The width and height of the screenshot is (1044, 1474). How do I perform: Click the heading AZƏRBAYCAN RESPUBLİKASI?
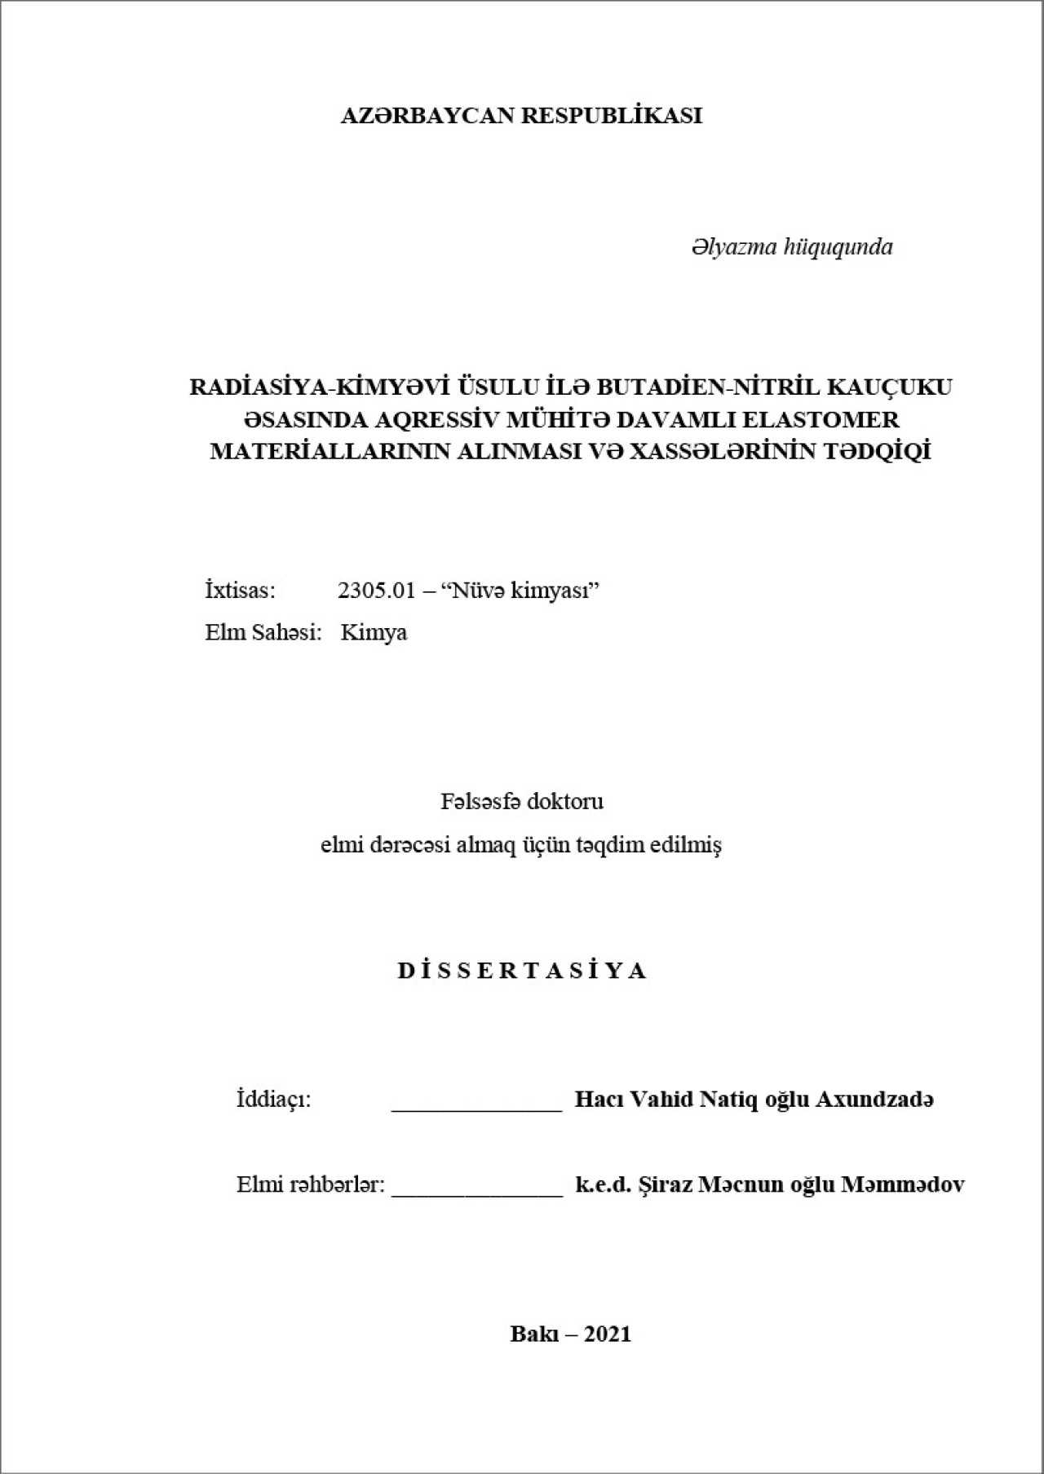pos(521,116)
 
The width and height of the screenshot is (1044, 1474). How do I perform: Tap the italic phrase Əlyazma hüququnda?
pos(791,247)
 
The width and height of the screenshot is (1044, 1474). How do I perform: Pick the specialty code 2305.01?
pos(377,591)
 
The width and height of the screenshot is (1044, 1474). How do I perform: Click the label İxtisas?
pos(240,591)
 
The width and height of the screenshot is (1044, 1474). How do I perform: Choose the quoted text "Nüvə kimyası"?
pos(520,591)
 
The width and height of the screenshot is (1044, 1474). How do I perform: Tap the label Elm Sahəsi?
pos(261,632)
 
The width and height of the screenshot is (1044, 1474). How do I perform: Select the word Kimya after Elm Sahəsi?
pos(374,633)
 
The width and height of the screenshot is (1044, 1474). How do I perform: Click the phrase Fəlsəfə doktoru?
pos(522,802)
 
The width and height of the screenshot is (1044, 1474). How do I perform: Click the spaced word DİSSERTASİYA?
pos(522,971)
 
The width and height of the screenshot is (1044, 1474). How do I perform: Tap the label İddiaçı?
pos(274,1100)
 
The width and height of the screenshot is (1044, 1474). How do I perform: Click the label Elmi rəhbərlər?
pos(310,1184)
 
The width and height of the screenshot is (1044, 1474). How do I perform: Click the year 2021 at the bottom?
pos(608,1334)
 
